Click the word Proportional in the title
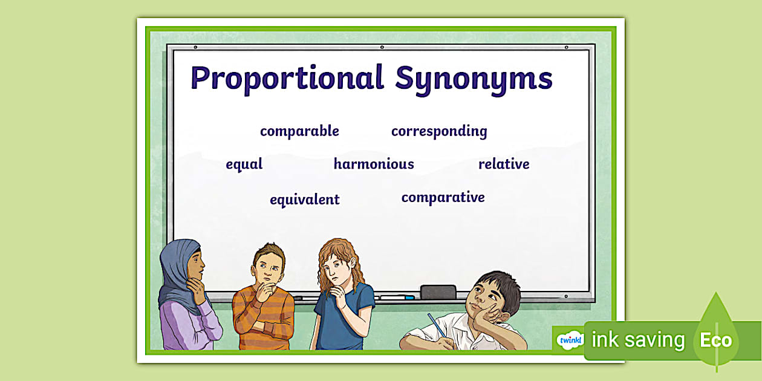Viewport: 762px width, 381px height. pyautogui.click(x=287, y=79)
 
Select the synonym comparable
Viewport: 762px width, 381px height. pyautogui.click(x=299, y=131)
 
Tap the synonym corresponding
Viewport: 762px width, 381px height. pyautogui.click(x=438, y=131)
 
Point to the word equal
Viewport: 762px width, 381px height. pyautogui.click(x=244, y=164)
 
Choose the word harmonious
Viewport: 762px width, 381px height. pyautogui.click(x=374, y=164)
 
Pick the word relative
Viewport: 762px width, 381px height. pyautogui.click(x=504, y=164)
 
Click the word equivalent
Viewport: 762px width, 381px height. pyautogui.click(x=304, y=200)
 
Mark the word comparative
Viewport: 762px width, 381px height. pyautogui.click(x=443, y=197)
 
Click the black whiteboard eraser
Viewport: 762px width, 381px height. pyautogui.click(x=438, y=291)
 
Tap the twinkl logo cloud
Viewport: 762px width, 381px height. pyautogui.click(x=570, y=340)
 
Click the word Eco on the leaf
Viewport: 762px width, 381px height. pyautogui.click(x=715, y=340)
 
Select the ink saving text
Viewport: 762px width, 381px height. pyautogui.click(x=638, y=340)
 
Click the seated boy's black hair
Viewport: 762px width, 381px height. pyautogui.click(x=499, y=284)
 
